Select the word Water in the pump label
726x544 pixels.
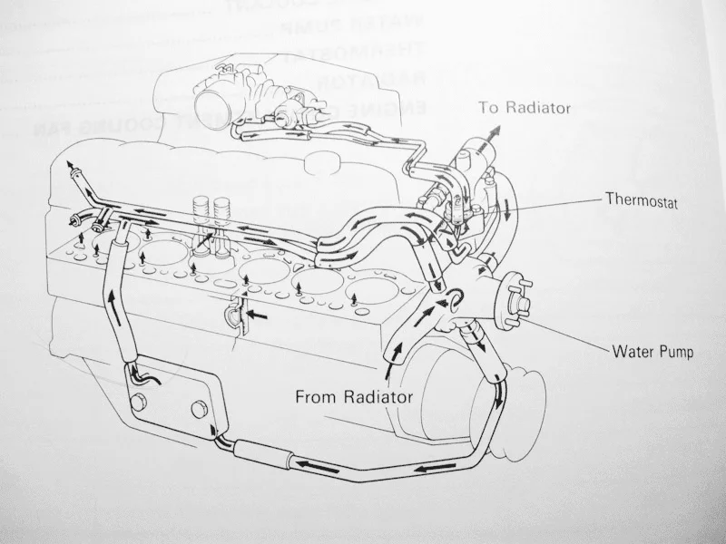[631, 350]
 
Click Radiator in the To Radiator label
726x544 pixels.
[537, 108]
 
